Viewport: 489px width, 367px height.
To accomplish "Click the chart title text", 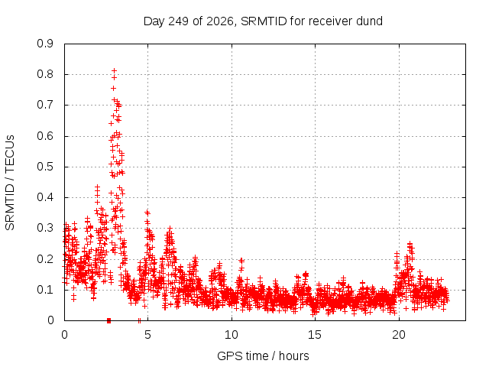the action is coord(263,21).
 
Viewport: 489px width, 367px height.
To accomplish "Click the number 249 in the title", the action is coord(178,21).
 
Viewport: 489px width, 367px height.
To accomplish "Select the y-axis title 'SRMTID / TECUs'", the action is coord(10,183).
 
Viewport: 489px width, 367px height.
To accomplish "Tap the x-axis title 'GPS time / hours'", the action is coord(263,356).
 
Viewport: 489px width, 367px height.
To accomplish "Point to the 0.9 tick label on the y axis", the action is coord(45,44).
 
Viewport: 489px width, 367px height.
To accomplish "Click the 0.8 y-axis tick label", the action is coord(45,74).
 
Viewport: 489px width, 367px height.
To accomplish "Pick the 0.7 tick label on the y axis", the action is coord(45,105).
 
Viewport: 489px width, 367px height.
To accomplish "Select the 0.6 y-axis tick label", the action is coord(45,136).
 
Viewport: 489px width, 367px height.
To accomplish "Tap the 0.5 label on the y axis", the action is coord(45,167).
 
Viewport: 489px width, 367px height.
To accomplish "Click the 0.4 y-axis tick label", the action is coord(45,197).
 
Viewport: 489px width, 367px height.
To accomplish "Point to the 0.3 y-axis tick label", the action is coord(45,228).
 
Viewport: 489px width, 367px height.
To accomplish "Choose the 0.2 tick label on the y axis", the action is coord(45,258).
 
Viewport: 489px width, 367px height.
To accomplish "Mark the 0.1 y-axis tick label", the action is coord(45,289).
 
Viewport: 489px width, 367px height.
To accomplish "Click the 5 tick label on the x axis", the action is coord(147,335).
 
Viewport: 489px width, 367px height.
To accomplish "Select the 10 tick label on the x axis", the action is coord(232,335).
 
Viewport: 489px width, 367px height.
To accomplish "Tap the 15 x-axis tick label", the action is coord(315,335).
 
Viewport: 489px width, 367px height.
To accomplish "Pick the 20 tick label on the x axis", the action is coord(399,335).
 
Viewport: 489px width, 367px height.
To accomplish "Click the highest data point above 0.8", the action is coord(114,70).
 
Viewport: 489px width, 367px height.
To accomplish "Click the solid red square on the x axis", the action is coord(108,320).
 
